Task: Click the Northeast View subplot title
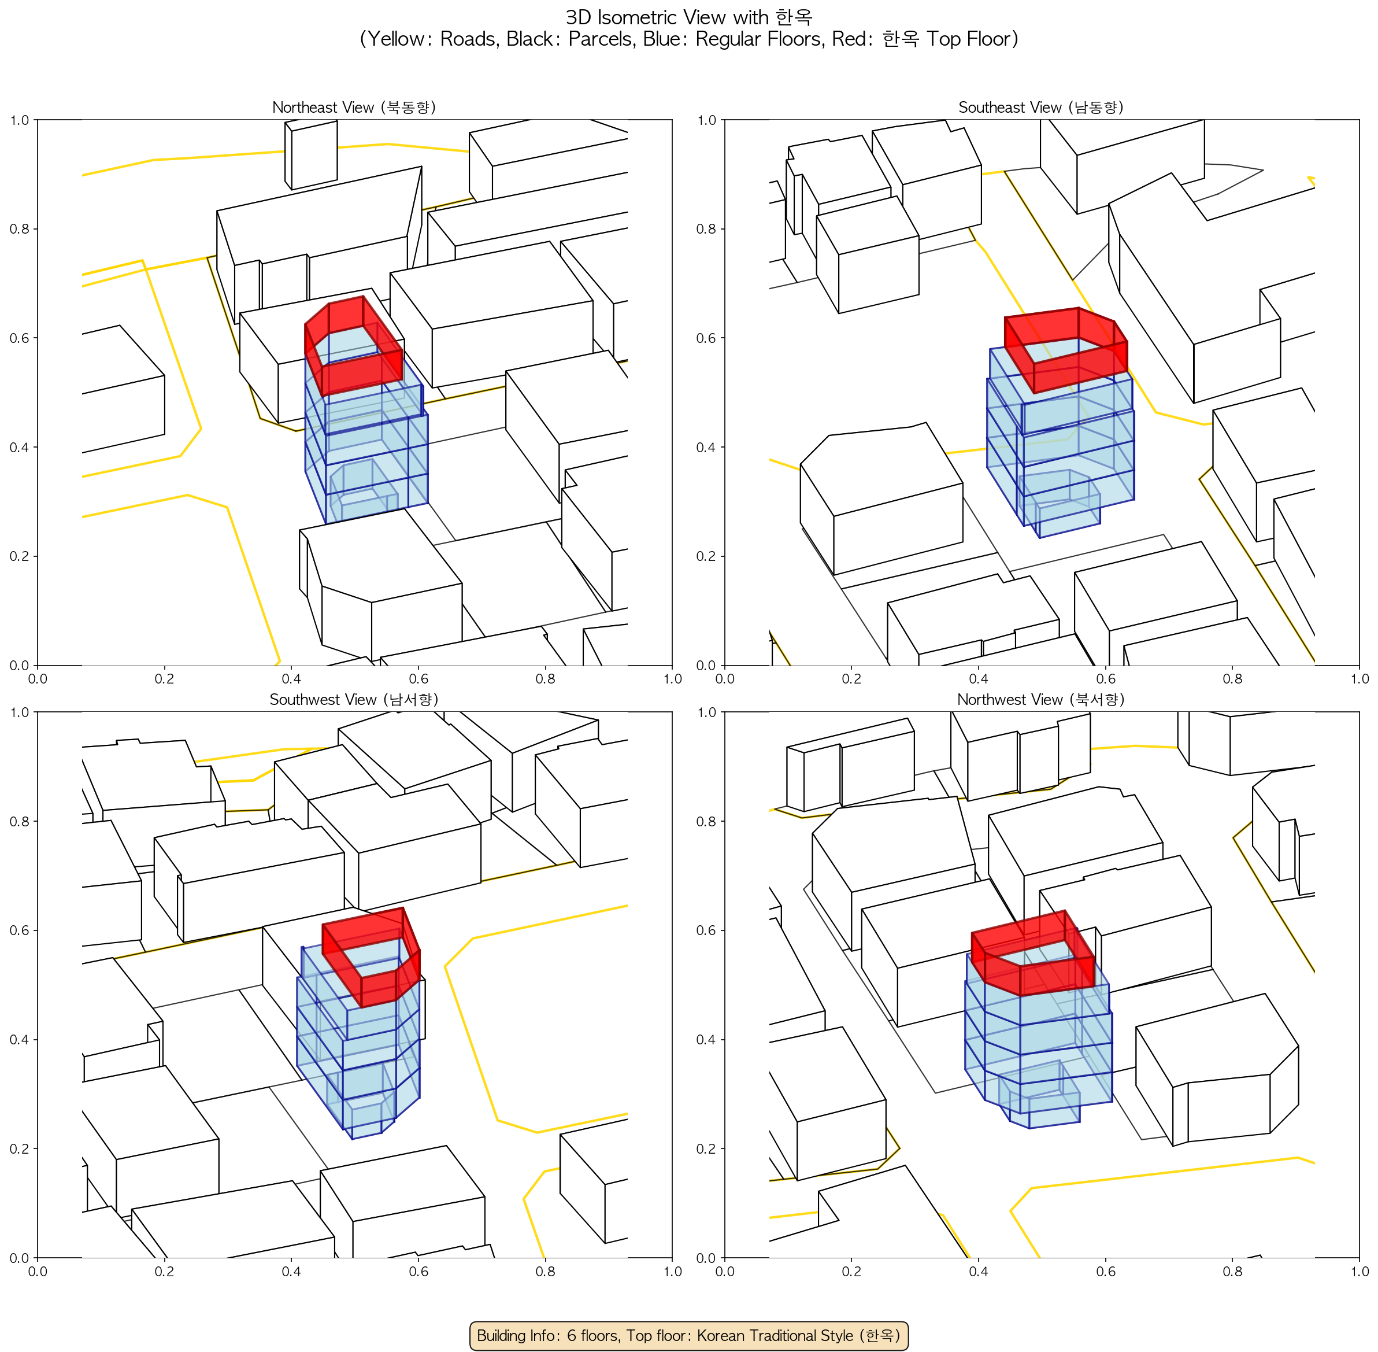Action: click(354, 107)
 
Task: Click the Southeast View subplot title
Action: click(1041, 107)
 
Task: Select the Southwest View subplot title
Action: click(354, 700)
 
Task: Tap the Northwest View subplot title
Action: click(1041, 700)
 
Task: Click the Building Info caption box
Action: click(688, 1335)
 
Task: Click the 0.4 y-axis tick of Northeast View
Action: click(19, 448)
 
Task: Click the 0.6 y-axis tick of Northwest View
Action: click(706, 930)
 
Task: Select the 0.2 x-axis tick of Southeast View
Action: click(851, 679)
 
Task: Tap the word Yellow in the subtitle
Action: click(395, 39)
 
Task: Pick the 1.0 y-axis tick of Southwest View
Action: click(19, 712)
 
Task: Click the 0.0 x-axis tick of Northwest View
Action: click(724, 1271)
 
